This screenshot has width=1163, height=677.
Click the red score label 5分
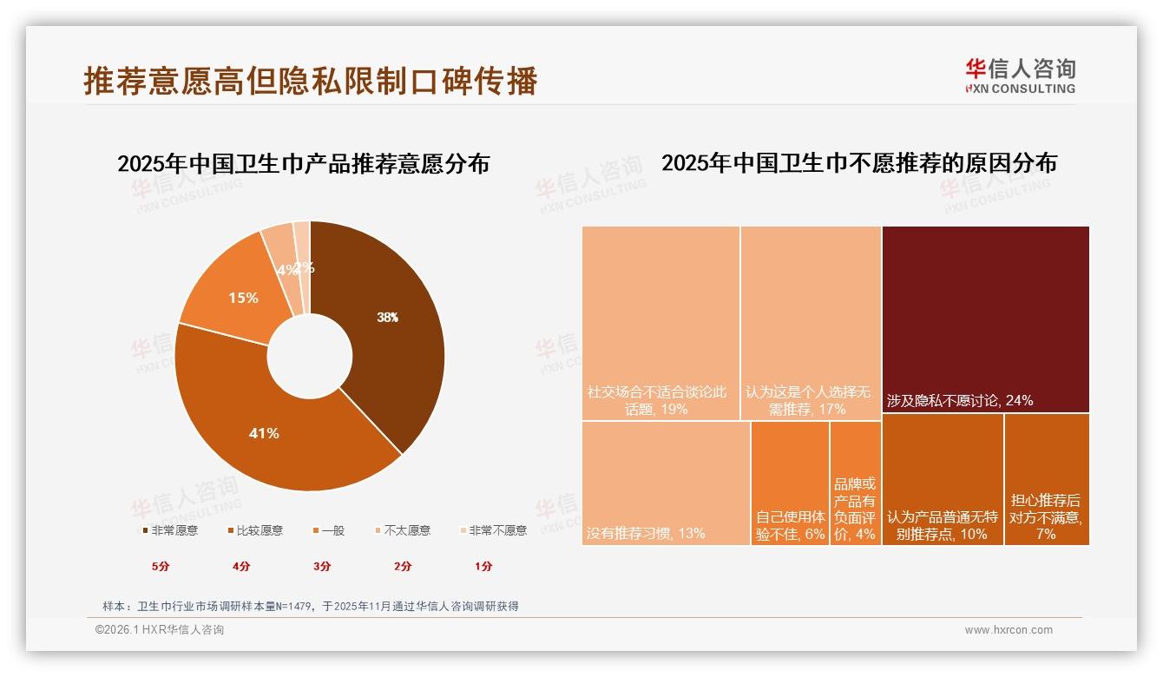161,566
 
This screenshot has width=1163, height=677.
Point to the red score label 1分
483,566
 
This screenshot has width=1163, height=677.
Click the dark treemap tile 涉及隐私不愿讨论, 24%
985,319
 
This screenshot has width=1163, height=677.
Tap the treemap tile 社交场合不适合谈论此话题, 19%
660,323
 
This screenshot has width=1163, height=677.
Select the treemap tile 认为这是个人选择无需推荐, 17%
811,323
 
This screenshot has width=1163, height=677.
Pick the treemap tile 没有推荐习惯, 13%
666,483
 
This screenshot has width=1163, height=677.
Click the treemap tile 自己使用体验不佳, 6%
790,483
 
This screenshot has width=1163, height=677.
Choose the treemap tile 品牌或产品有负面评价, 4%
855,483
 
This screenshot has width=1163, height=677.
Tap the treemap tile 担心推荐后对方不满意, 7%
1046,479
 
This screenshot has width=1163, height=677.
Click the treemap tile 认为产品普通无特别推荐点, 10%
943,479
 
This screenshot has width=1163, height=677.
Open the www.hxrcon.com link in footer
1009,630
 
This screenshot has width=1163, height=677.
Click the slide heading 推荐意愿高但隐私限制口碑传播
311,81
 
